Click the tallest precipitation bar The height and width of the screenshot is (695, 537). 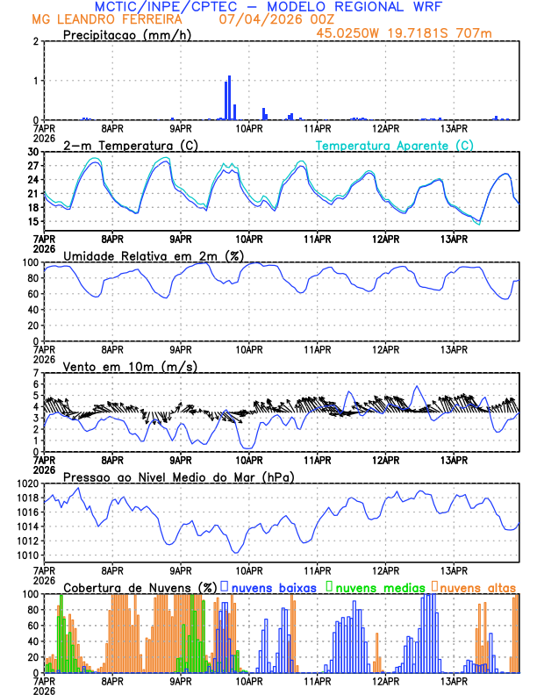[230, 98]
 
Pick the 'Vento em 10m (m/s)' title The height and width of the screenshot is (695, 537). [130, 366]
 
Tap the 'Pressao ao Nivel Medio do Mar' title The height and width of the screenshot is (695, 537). [178, 476]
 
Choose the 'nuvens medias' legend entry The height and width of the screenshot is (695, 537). [374, 587]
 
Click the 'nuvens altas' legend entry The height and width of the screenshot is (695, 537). [474, 587]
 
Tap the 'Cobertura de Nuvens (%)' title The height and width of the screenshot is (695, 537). [140, 587]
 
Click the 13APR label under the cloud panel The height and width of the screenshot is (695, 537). [454, 680]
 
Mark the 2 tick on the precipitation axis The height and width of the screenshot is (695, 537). [37, 41]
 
